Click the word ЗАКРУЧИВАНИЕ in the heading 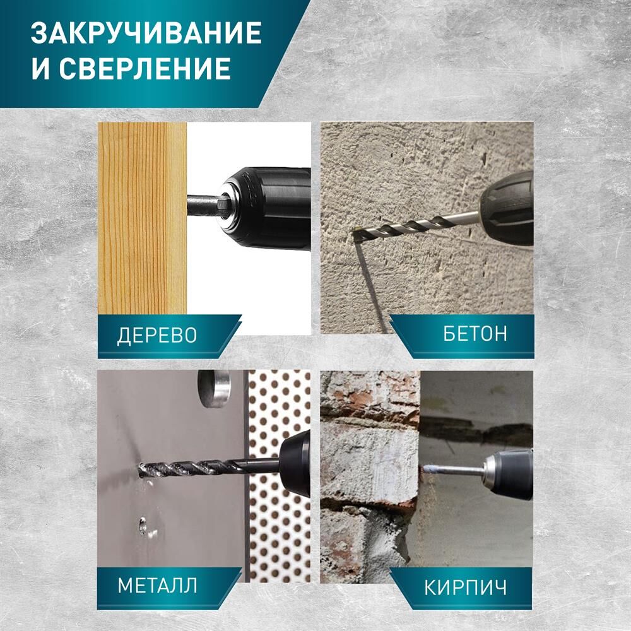[x=146, y=33]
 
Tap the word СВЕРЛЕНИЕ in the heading [x=145, y=68]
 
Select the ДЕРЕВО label [x=157, y=335]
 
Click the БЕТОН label [x=475, y=334]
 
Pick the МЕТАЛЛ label [x=157, y=585]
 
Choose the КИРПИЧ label [x=466, y=588]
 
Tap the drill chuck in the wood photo [x=266, y=208]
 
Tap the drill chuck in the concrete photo [x=507, y=209]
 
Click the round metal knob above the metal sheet [x=213, y=389]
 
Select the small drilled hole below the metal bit [x=143, y=526]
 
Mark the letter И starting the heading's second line [x=40, y=68]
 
